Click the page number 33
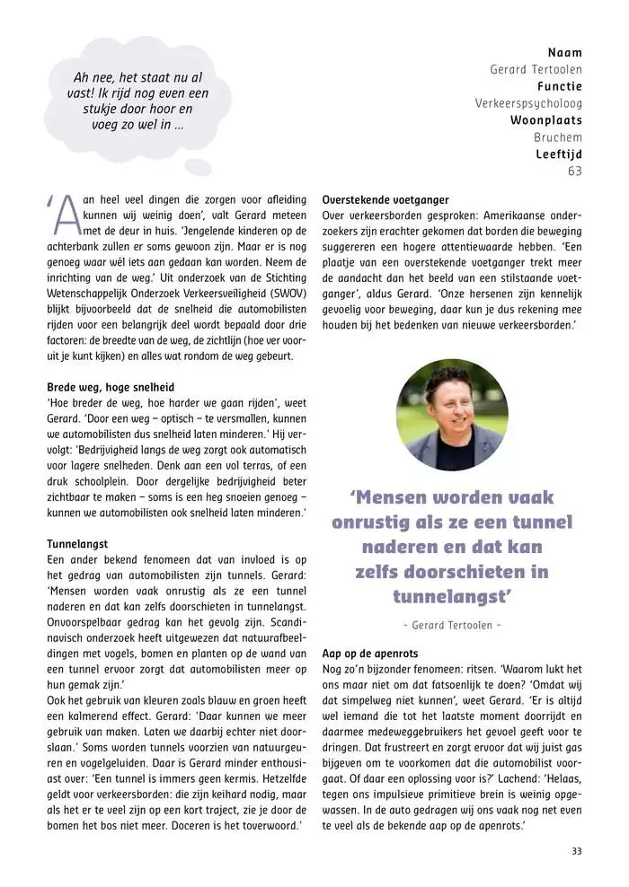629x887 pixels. (576, 851)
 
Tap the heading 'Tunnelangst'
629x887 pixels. (77, 543)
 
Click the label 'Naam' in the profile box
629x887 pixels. (565, 53)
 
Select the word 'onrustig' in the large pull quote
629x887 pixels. (379, 523)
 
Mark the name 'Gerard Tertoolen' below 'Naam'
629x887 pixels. (536, 69)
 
